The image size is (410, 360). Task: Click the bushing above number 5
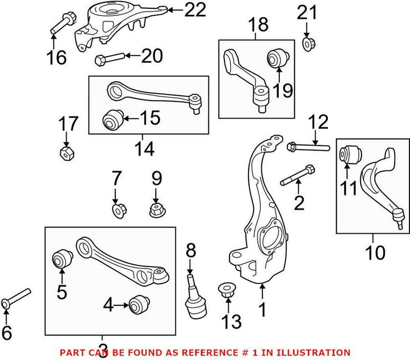tap(63, 259)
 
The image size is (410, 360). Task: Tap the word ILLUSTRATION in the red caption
tap(316, 353)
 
